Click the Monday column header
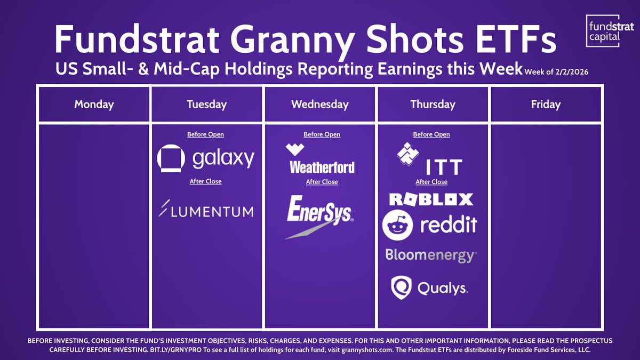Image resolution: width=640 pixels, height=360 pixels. [x=94, y=104]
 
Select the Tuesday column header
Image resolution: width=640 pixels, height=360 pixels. [x=207, y=104]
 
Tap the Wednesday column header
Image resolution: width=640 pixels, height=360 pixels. [x=320, y=104]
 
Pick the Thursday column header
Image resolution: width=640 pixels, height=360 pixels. [x=433, y=104]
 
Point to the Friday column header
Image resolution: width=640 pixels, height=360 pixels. [x=546, y=104]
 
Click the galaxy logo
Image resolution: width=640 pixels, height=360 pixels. [x=206, y=159]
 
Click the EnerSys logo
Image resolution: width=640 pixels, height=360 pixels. [x=319, y=215]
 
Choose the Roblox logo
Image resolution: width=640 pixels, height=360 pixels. [x=431, y=199]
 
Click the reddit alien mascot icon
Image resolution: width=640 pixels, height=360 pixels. [x=397, y=225]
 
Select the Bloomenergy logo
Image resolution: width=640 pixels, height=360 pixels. [x=431, y=255]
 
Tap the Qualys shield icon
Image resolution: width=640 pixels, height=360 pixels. [x=401, y=288]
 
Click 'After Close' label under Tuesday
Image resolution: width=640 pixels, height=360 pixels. [x=206, y=181]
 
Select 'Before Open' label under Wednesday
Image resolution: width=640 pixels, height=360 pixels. [x=322, y=134]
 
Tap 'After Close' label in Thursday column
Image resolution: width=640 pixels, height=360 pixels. [x=431, y=182]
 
